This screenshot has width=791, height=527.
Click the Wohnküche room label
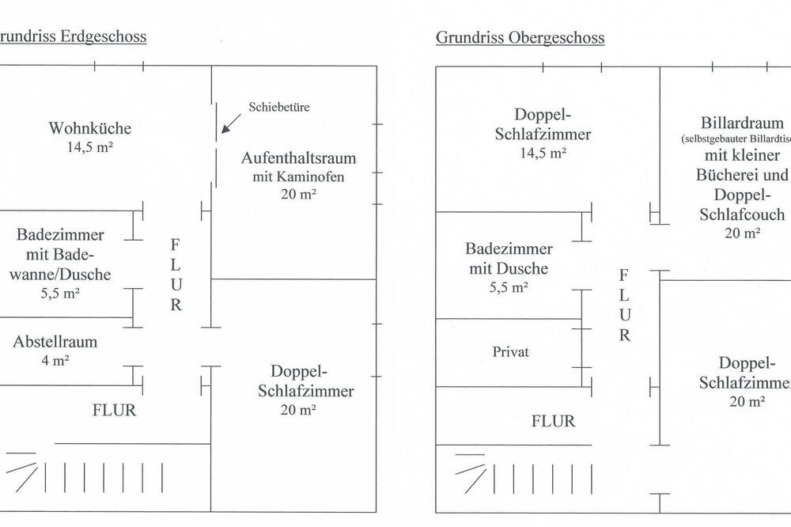pyautogui.click(x=89, y=128)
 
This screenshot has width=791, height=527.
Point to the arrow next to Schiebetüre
pyautogui.click(x=232, y=123)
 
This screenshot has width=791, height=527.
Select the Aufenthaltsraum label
pyautogui.click(x=298, y=157)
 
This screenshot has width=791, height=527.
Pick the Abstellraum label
pyautogui.click(x=55, y=342)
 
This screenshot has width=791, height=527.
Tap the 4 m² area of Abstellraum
pyautogui.click(x=55, y=361)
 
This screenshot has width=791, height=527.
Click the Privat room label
pyautogui.click(x=510, y=351)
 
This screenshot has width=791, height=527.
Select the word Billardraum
pyautogui.click(x=742, y=123)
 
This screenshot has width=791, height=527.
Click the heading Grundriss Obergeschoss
pyautogui.click(x=520, y=37)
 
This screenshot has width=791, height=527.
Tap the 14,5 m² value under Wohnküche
pyautogui.click(x=89, y=146)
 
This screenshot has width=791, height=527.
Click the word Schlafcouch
pyautogui.click(x=743, y=214)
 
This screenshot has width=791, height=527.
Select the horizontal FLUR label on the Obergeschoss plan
pyautogui.click(x=553, y=421)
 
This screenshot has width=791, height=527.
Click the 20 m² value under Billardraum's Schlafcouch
pyautogui.click(x=743, y=233)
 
